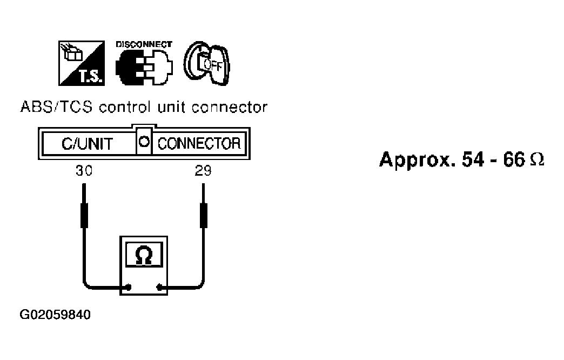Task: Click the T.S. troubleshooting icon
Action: (x=82, y=63)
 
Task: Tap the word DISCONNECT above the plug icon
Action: (x=144, y=44)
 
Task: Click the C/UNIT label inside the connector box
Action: (x=87, y=144)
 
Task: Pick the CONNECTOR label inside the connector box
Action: (x=198, y=144)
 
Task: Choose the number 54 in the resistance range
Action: (x=471, y=159)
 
